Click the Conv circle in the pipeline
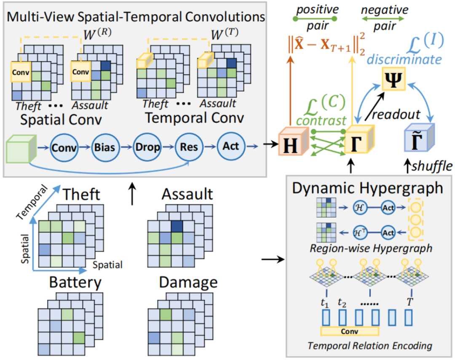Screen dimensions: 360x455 tap(64, 148)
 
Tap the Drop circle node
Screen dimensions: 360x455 tap(147, 148)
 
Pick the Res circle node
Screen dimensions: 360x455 tap(189, 148)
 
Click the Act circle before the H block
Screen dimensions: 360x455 tap(231, 147)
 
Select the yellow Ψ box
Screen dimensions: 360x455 tap(392, 79)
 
